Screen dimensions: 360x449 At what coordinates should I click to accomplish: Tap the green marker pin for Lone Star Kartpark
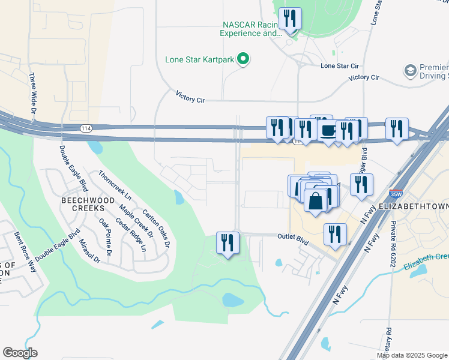(243, 59)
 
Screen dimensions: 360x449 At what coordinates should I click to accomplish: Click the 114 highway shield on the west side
(86, 128)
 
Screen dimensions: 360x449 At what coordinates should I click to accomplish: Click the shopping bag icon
(316, 201)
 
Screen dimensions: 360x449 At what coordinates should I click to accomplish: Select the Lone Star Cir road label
(340, 65)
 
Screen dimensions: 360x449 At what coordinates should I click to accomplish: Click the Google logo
(20, 353)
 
